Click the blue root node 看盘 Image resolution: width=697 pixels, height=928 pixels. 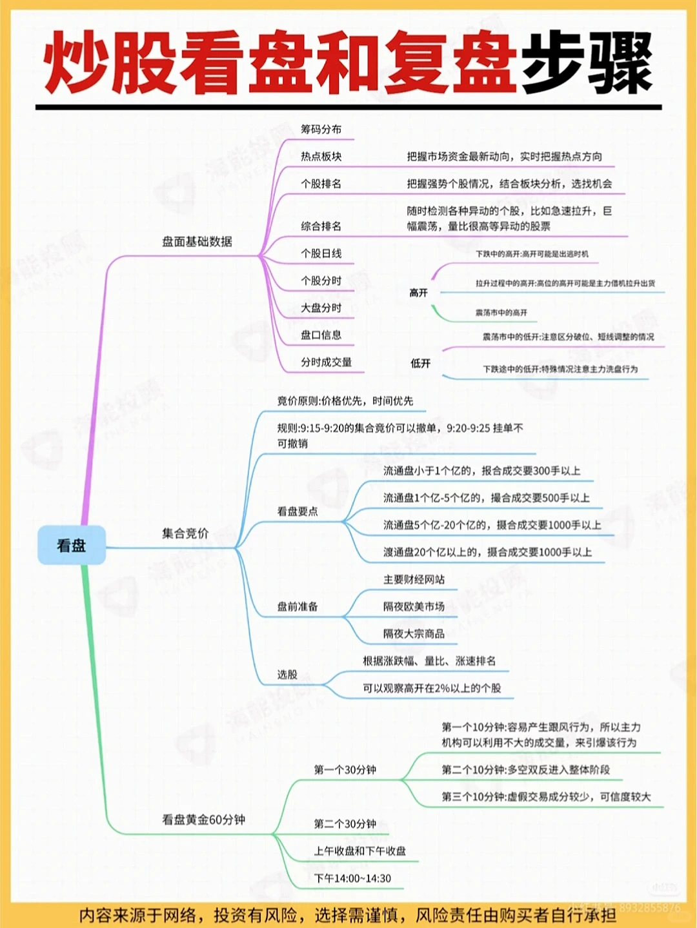tap(71, 546)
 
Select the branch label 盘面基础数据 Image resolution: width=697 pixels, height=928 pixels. tap(197, 242)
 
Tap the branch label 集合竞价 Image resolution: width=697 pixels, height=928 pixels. tap(185, 533)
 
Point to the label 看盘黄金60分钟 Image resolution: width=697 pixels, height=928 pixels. tap(203, 820)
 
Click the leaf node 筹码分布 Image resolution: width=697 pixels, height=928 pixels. tap(321, 130)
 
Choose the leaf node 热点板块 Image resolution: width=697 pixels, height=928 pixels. tap(321, 157)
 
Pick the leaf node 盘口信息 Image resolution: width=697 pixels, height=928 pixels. tap(321, 335)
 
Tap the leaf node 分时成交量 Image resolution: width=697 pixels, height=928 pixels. tap(326, 362)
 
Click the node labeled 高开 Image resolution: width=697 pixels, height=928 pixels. tap(418, 293)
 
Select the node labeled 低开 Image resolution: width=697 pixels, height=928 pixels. tap(420, 364)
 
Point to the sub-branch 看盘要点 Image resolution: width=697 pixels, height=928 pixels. tap(298, 511)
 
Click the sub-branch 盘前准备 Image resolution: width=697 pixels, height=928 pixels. tap(298, 607)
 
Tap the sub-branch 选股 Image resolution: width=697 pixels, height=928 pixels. tap(287, 675)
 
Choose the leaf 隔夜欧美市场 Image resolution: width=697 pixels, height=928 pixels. tap(414, 607)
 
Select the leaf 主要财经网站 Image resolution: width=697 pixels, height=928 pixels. tap(414, 580)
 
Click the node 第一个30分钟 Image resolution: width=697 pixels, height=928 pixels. tap(345, 769)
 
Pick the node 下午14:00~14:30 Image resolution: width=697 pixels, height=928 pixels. tap(352, 878)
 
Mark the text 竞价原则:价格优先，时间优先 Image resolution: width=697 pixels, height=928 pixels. tap(345, 401)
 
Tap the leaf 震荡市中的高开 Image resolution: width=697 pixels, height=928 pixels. tap(501, 313)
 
